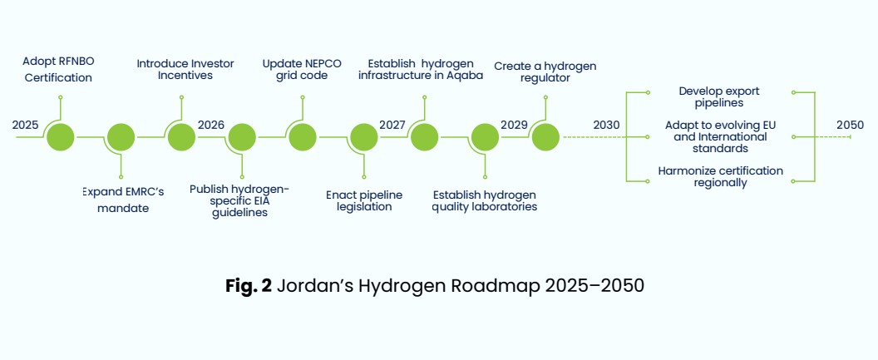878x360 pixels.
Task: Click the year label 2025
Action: pos(25,125)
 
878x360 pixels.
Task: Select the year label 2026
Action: pos(211,125)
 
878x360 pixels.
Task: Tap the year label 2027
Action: pos(392,125)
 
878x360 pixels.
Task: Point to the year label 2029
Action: pos(514,125)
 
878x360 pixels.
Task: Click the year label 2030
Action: pos(606,125)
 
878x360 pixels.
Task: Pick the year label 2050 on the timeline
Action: pos(850,125)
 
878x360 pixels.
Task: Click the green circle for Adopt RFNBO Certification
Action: pos(61,137)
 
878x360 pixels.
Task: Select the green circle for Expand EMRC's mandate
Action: pos(121,137)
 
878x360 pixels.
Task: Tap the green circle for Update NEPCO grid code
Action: pos(303,137)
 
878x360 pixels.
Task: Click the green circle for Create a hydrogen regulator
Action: pos(545,137)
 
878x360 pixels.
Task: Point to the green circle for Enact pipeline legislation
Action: pos(364,137)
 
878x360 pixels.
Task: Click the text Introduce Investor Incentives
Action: pos(185,70)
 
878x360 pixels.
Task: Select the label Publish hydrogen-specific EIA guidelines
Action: pos(239,201)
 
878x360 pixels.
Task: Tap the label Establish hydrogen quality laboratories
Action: pos(485,201)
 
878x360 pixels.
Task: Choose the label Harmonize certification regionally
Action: pos(720,177)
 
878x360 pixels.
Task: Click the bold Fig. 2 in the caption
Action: pos(249,285)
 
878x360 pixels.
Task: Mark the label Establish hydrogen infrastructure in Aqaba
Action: pos(421,70)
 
